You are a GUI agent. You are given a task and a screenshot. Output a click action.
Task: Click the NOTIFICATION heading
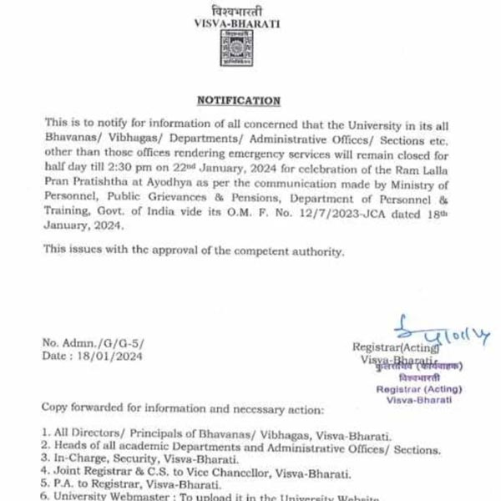click(238, 100)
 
